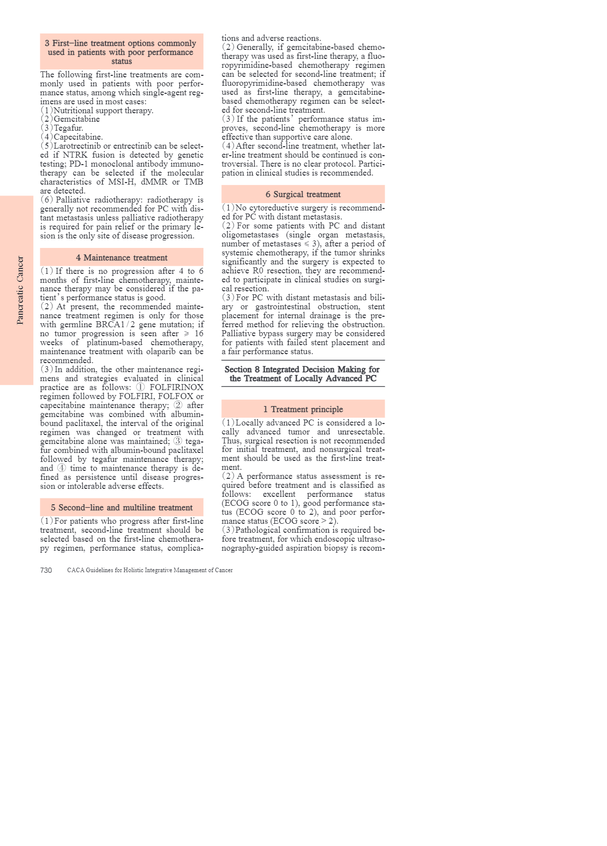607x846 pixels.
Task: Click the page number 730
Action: click(x=46, y=570)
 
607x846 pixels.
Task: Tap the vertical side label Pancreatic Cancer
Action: click(x=20, y=290)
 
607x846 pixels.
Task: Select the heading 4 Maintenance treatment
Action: click(x=122, y=257)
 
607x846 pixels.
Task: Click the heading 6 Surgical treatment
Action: click(x=303, y=194)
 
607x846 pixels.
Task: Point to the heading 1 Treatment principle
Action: click(x=303, y=409)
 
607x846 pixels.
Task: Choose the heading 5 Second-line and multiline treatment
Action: click(x=122, y=507)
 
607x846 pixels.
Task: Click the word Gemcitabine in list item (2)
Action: click(x=77, y=119)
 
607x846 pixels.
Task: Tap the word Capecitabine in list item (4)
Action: click(x=78, y=137)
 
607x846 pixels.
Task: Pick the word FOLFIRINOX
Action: click(x=176, y=387)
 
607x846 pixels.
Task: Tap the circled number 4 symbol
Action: click(x=61, y=468)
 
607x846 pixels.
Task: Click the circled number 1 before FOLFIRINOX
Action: click(x=141, y=387)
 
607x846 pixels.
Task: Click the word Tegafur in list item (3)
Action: click(x=68, y=128)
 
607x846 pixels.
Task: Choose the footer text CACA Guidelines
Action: click(x=150, y=570)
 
